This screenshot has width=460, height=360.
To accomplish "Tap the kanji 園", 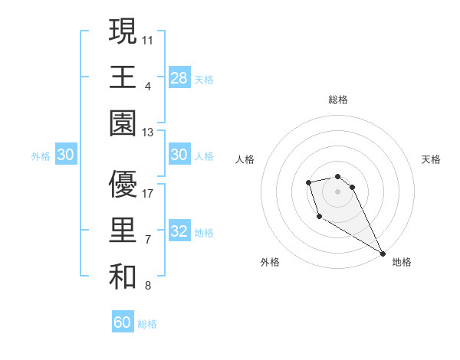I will (x=123, y=123).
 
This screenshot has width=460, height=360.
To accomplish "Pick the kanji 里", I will (x=123, y=231).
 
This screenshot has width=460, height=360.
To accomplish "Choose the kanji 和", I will (x=123, y=277).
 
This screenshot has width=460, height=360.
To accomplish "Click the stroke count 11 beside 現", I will (x=148, y=39).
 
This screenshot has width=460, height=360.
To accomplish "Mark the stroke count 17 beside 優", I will (x=148, y=194).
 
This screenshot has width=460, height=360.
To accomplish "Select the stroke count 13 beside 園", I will (x=148, y=133).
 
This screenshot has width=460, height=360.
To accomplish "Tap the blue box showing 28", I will (x=179, y=77).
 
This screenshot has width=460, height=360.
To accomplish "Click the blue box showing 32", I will (x=179, y=232).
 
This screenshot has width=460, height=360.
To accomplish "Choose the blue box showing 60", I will (x=123, y=322).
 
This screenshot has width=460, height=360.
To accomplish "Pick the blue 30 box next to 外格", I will (x=66, y=155).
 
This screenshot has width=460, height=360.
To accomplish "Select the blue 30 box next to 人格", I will (x=179, y=155).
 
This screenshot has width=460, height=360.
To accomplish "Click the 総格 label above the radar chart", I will (x=338, y=100).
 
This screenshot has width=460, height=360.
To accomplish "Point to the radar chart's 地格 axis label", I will (x=402, y=262).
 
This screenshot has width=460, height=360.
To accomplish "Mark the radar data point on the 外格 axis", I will (x=319, y=217).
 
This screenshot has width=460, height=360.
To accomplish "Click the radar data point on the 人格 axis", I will (x=308, y=182).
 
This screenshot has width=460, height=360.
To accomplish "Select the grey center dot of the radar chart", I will (x=338, y=191).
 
